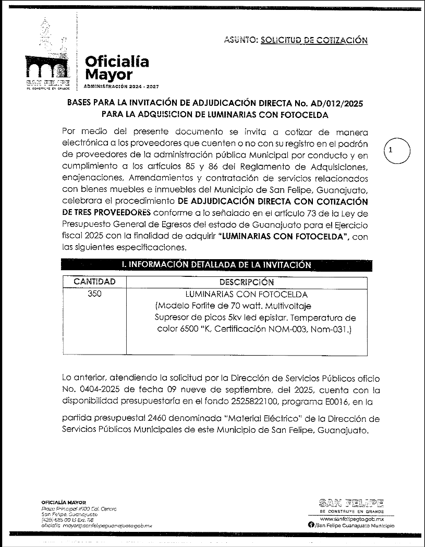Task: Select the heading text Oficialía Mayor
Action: [x=117, y=68]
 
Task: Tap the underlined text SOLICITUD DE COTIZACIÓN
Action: [x=314, y=40]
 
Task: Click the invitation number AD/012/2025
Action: [x=332, y=104]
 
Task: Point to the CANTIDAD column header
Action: [x=94, y=282]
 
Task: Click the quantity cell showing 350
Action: [x=94, y=294]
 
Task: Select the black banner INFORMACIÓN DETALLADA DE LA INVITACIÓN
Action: [x=216, y=265]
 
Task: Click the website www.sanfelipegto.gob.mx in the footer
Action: [x=351, y=520]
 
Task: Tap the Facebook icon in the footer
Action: [x=311, y=526]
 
